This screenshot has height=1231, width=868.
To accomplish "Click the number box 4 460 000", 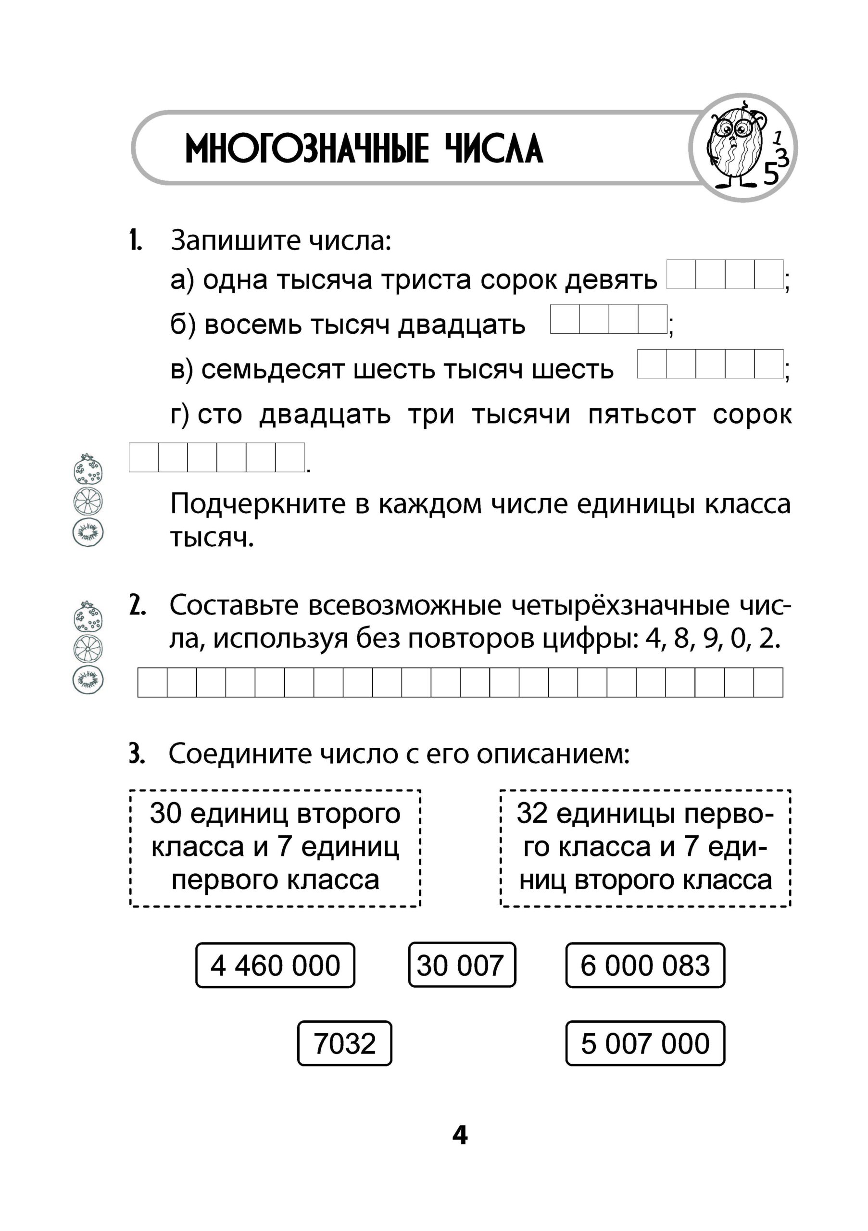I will (x=275, y=965).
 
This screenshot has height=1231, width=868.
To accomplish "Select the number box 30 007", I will (x=462, y=965).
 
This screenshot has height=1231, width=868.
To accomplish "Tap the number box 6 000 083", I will (x=645, y=965).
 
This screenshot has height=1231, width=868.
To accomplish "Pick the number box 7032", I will (x=345, y=1043).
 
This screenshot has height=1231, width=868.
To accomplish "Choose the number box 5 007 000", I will (x=645, y=1043).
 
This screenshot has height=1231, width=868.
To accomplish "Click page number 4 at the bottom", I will (x=460, y=1136).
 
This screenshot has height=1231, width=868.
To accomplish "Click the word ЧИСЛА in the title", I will (x=494, y=149).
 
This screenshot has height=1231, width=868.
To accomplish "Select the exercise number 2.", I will (x=137, y=606).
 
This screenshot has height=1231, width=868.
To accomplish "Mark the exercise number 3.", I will (x=137, y=754).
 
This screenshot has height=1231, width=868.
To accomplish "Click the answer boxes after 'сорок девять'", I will (x=725, y=275).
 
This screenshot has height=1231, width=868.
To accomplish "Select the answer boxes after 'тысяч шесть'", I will (x=710, y=364).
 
